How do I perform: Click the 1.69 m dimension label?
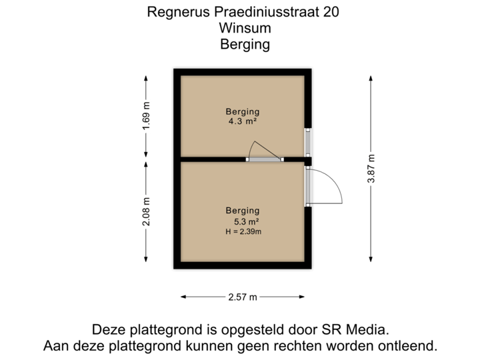coord(146,117)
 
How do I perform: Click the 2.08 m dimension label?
coord(146,211)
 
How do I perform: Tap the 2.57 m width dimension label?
coord(243,297)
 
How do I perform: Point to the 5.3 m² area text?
coord(246,221)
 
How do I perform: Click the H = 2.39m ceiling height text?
coord(243,231)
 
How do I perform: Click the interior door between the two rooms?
coord(264,159)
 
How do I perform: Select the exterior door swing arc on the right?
coord(328,187)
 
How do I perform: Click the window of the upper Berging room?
coord(308,142)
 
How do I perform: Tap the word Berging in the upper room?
coord(243,111)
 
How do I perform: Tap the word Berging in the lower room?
coord(243,211)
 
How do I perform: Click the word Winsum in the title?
coord(244,29)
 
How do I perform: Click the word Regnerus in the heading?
coord(175,13)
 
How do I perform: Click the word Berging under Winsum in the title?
coord(244,45)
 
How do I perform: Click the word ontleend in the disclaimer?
coord(408,346)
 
